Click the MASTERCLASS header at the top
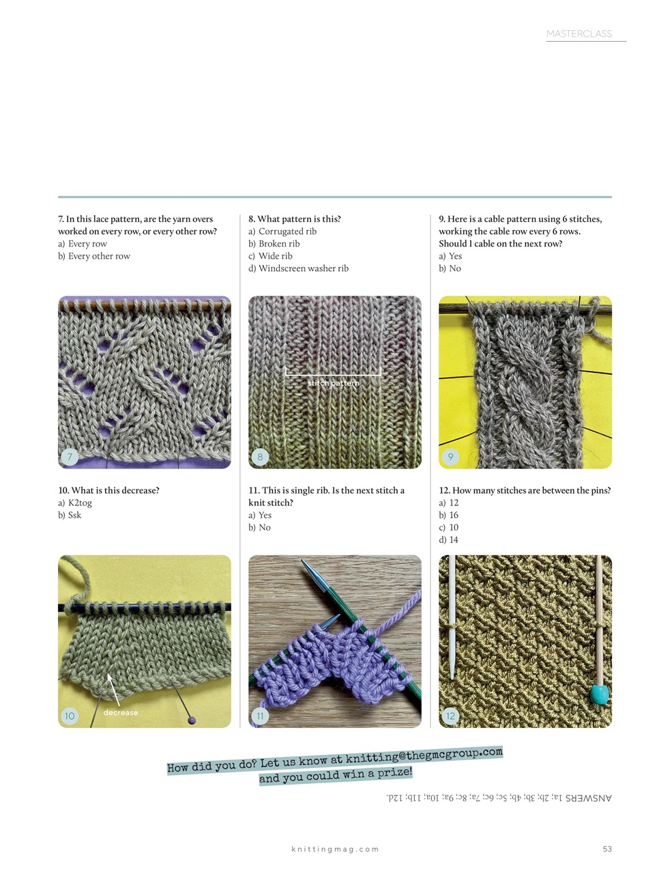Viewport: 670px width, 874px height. point(579,33)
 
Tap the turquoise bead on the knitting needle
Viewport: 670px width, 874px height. point(598,694)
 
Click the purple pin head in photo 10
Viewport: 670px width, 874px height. point(192,720)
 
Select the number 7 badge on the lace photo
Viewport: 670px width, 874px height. point(70,457)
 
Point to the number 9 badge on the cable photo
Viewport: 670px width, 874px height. point(450,457)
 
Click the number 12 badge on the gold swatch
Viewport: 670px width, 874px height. point(450,716)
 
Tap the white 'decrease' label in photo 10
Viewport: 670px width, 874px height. point(121,712)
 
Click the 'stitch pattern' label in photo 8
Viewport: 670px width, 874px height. point(333,383)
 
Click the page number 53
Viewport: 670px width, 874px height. point(607,849)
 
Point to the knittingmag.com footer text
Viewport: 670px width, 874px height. point(334,849)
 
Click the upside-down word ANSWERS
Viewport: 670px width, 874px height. point(588,798)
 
